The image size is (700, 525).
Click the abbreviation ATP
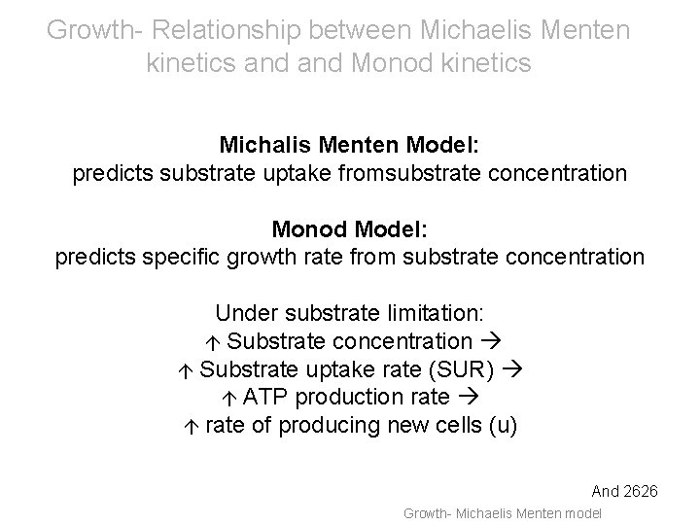pos(266,397)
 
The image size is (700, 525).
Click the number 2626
pos(641,493)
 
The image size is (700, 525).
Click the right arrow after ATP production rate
pos(465,398)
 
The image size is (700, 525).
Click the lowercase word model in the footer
pos(581,513)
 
